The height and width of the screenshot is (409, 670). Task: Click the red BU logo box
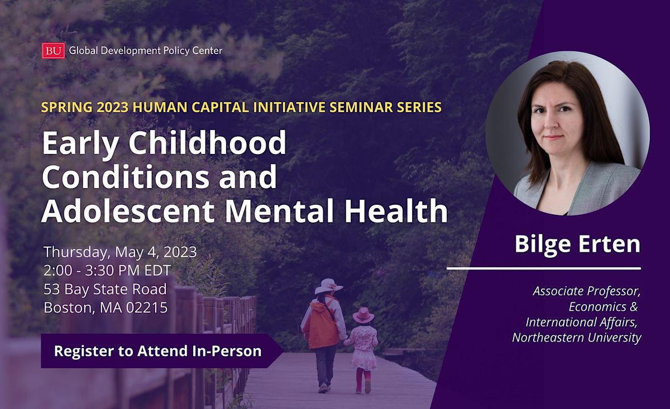54,51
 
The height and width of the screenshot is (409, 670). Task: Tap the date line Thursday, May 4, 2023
120,252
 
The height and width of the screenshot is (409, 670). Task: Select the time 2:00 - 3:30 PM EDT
107,270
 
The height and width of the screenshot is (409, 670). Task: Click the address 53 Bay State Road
105,289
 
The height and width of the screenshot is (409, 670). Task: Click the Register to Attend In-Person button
157,351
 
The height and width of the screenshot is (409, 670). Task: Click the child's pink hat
363,315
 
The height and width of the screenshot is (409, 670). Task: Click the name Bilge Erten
577,245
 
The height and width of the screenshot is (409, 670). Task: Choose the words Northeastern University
576,338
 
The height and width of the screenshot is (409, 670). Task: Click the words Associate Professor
586,291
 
